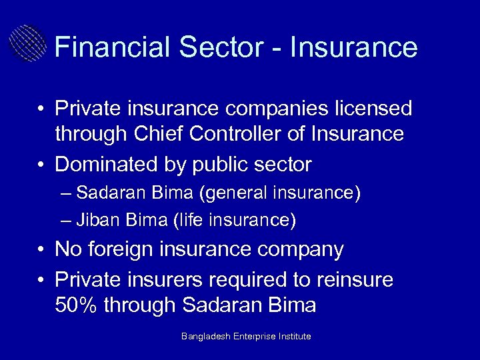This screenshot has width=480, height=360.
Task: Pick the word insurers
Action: [x=172, y=279]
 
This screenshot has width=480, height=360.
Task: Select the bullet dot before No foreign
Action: [x=41, y=250]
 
